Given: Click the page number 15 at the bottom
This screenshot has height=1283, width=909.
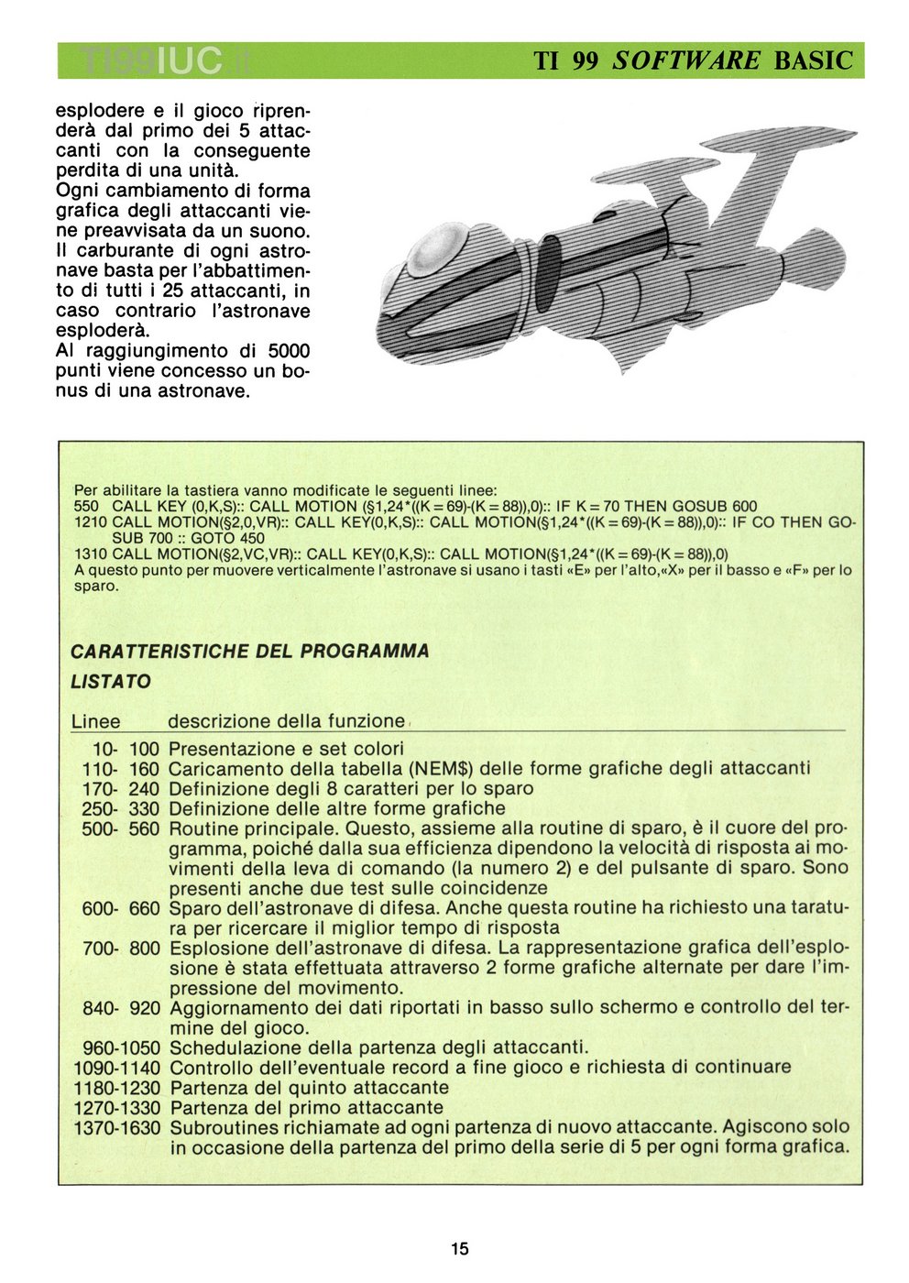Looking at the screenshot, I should pyautogui.click(x=459, y=1248).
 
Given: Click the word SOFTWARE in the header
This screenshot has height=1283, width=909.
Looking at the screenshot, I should pyautogui.click(x=686, y=60).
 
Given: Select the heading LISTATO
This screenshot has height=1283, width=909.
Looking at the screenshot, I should pyautogui.click(x=111, y=682).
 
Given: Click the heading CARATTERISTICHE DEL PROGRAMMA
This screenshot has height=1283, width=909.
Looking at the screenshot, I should pyautogui.click(x=249, y=652).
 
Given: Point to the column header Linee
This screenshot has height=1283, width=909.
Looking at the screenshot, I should pyautogui.click(x=95, y=722).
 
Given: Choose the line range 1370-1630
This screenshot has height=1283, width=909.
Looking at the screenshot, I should pyautogui.click(x=116, y=1127).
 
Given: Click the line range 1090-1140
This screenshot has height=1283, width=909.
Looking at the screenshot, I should pyautogui.click(x=116, y=1068).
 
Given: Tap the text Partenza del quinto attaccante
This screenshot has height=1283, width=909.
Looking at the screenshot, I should pyautogui.click(x=309, y=1088).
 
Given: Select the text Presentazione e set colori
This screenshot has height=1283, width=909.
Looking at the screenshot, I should pyautogui.click(x=286, y=749).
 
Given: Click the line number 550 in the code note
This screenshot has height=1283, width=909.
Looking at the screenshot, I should pyautogui.click(x=85, y=506).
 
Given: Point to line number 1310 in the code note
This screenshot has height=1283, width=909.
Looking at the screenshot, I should pyautogui.click(x=90, y=554).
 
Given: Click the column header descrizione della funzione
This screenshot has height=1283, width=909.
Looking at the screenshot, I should pyautogui.click(x=286, y=721).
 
